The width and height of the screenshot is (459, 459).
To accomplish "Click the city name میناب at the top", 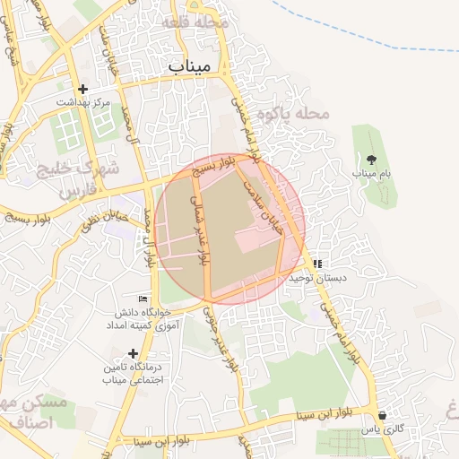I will tap(188, 66).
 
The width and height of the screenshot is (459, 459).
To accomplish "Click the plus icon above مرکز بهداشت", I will tap(83, 89).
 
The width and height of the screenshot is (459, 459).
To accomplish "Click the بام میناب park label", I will tap(371, 172).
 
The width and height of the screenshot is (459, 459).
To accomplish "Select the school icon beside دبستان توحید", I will tap(317, 264).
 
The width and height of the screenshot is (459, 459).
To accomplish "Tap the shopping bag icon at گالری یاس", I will tap(384, 416).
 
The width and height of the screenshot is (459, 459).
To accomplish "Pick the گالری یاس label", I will tap(380, 429).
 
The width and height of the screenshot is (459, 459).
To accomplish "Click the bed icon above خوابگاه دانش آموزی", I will tap(143, 299).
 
